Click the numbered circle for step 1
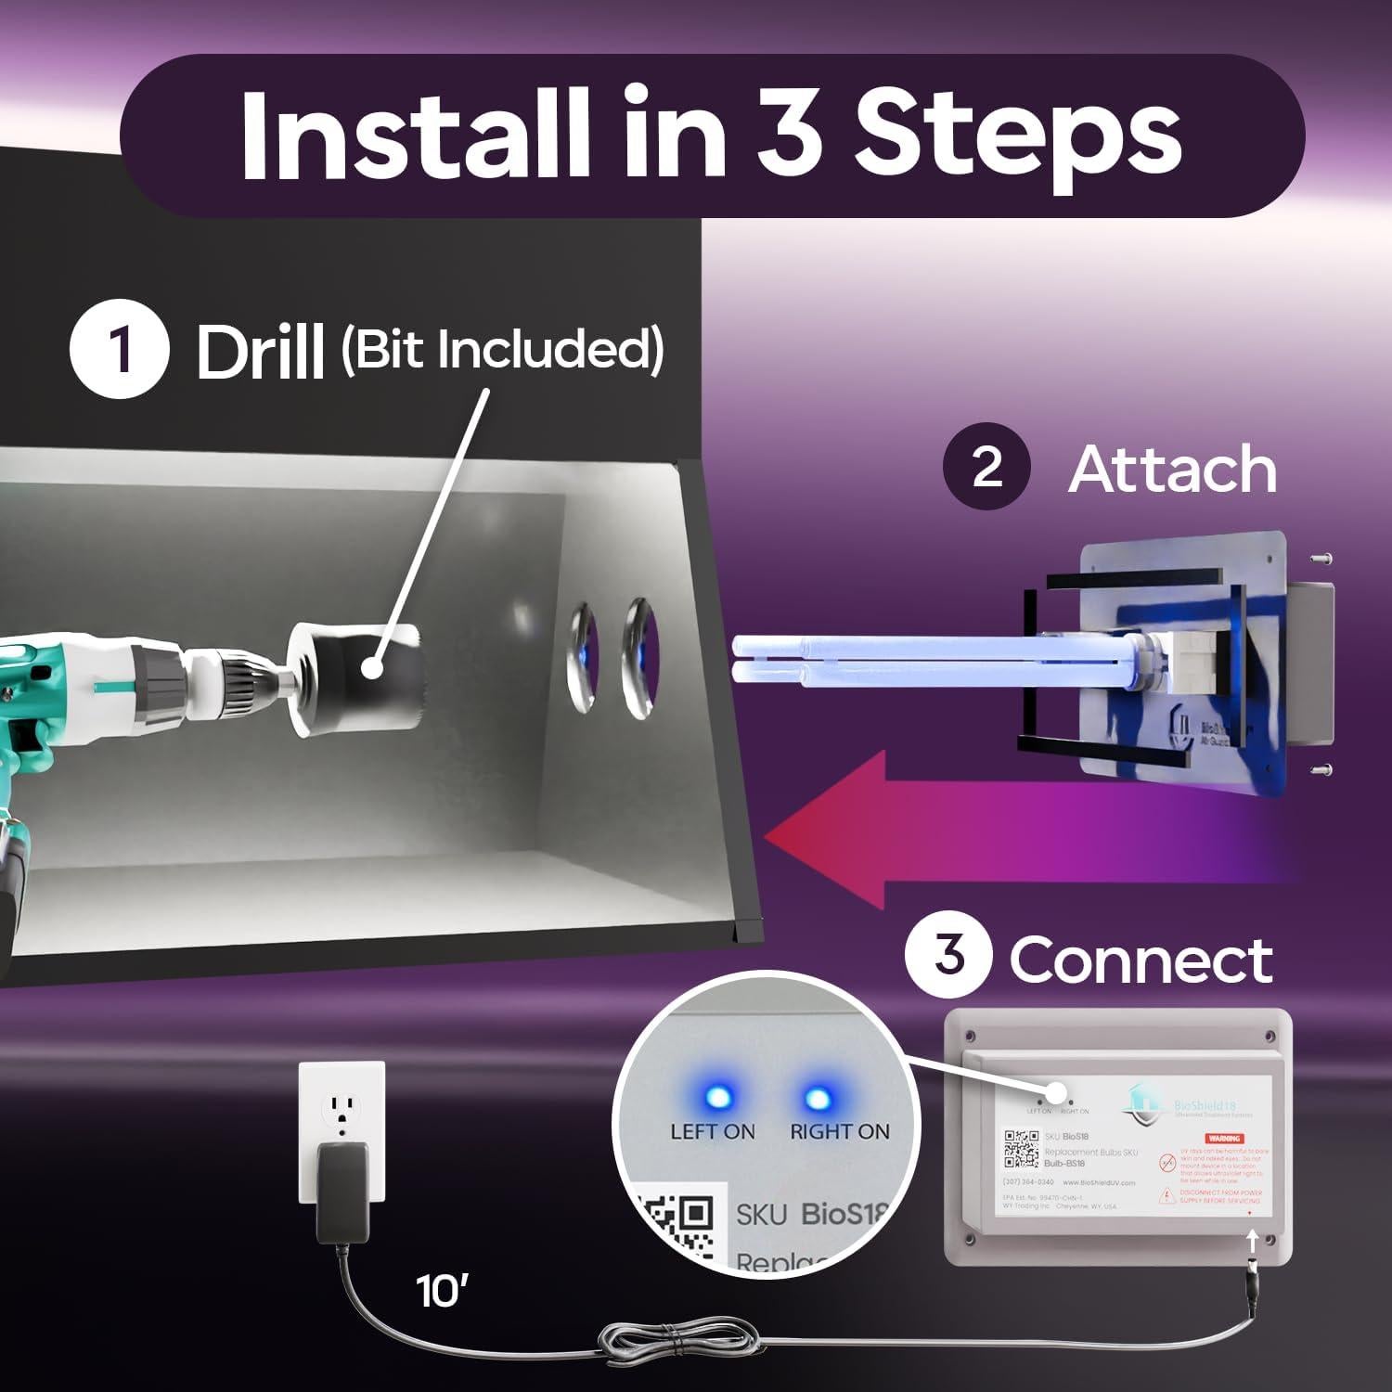coord(120,353)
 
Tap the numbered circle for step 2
coord(986,467)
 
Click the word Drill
coord(260,353)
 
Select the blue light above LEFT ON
coord(716,1098)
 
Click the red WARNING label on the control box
coord(1224,1138)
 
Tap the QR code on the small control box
coord(1021,1150)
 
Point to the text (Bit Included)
coord(502,350)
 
